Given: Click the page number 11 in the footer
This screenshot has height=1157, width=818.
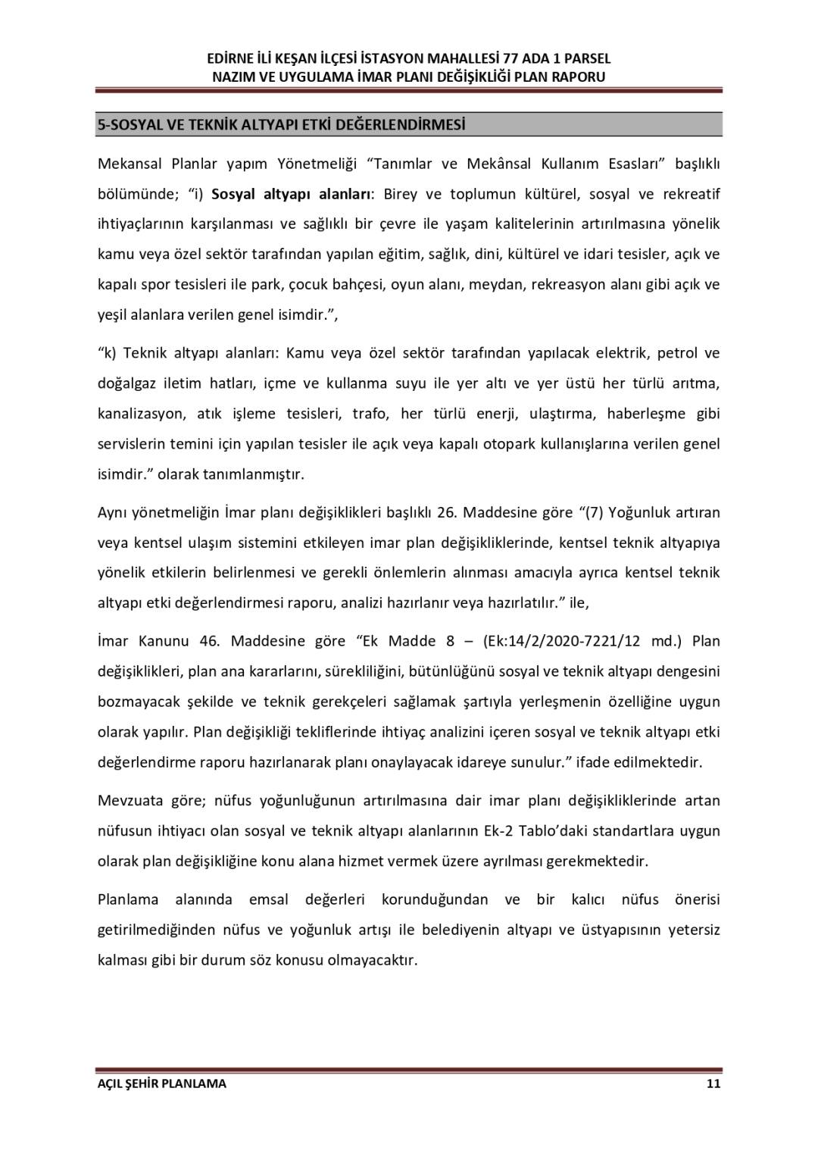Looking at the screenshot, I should point(713,1084).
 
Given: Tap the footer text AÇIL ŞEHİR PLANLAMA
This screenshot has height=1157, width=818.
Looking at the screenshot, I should point(161,1084).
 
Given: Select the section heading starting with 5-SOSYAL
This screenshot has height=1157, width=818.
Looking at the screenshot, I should point(281,124).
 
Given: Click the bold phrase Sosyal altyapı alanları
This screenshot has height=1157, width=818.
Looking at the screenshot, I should point(291,194).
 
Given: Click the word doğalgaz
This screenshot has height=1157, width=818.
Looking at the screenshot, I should point(126,383).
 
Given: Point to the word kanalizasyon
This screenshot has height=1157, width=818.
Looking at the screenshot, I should point(141,414).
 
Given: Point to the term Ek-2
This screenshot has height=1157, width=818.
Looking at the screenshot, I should point(497,831).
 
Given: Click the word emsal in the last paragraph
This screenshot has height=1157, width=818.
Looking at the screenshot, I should point(269,899).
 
